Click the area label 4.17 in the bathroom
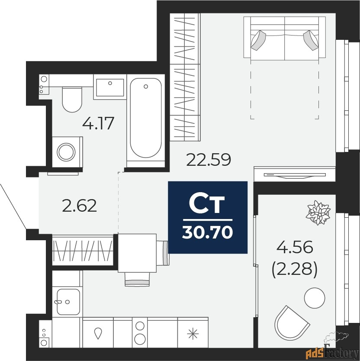click(x=98, y=123)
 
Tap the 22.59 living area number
click(x=209, y=160)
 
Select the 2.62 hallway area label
click(x=79, y=206)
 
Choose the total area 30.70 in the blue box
click(x=207, y=232)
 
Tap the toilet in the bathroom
click(x=72, y=99)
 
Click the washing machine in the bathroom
click(x=67, y=151)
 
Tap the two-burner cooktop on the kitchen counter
click(x=139, y=332)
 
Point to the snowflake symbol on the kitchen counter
click(x=193, y=333)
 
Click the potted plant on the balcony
click(x=318, y=213)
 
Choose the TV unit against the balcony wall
click(x=295, y=174)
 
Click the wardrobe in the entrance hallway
click(x=83, y=250)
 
